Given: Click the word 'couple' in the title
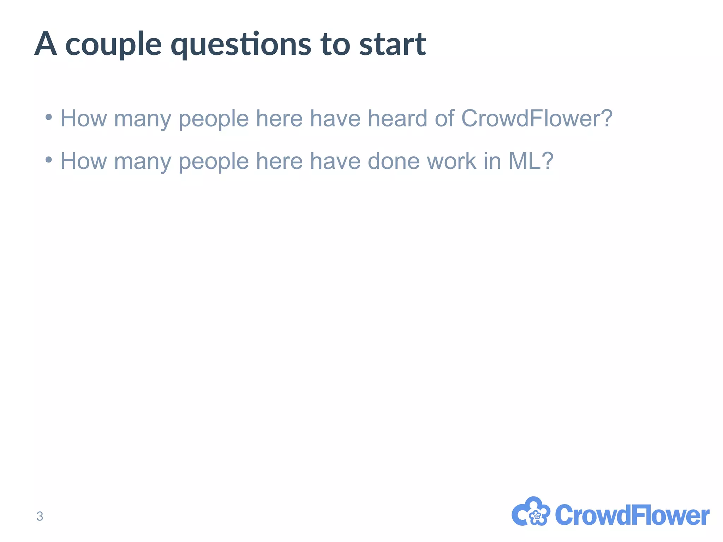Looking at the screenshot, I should coord(114,45).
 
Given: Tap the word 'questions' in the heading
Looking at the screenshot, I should coord(241,45).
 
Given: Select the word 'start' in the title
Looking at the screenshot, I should coord(393,45).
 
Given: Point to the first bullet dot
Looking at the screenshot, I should coord(49,117).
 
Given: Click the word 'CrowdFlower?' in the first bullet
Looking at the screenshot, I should coord(537,118).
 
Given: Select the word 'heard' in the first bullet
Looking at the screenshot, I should coord(397,118).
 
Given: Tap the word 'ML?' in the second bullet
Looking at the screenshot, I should coord(531,161).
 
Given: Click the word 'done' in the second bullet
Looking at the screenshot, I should coord(394,161).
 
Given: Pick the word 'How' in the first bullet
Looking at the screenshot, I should coord(84,118).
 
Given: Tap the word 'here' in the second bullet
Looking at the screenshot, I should coord(279,161).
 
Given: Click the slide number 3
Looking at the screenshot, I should coord(40,516).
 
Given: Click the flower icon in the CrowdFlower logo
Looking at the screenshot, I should coord(531,512).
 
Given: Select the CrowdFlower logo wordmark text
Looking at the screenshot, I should coord(632,515).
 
